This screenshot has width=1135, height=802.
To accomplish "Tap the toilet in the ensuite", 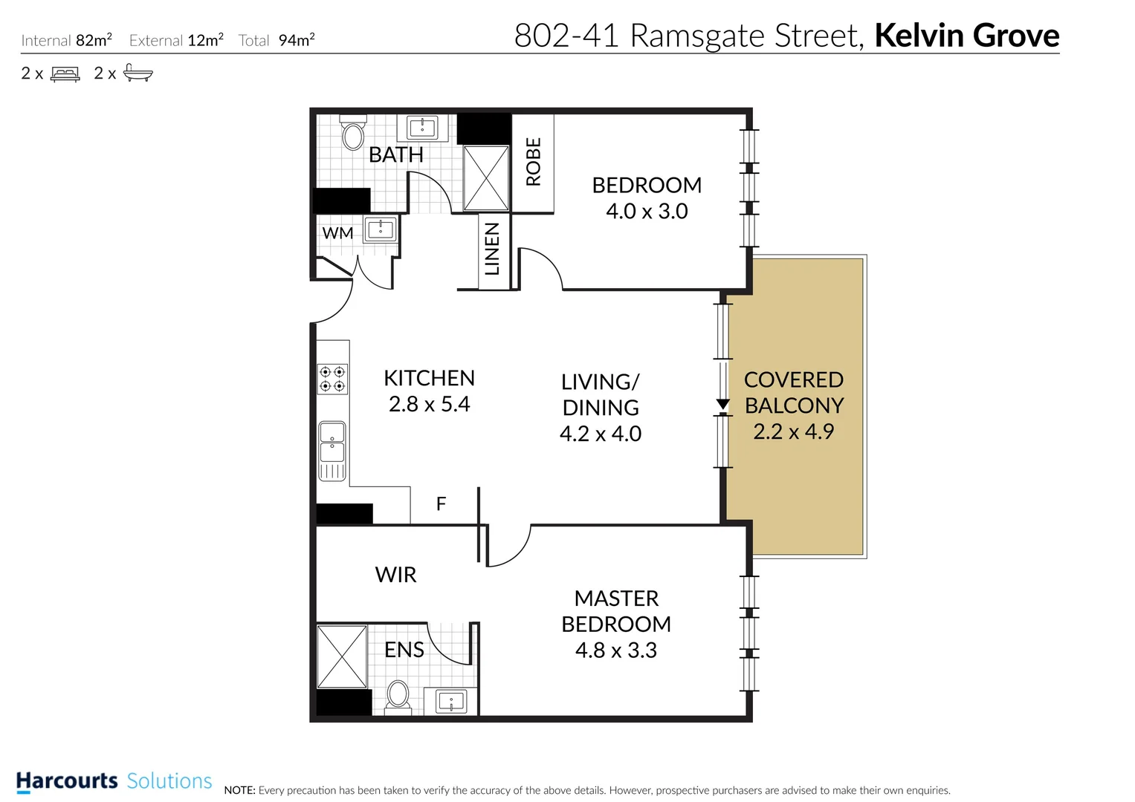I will [398, 696].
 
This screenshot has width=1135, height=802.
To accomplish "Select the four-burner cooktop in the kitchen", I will [332, 379].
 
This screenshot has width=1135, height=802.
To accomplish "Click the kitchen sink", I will [332, 451].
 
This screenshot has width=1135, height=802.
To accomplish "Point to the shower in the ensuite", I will [342, 656].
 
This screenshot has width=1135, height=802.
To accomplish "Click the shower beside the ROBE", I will [486, 178].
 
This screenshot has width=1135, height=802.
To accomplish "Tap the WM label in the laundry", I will [337, 233].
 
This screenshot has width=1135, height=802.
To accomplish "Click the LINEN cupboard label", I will [492, 250].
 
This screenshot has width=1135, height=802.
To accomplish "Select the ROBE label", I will [534, 161].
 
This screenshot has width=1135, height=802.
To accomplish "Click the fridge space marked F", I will [441, 504].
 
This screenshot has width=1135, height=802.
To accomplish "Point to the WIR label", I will [395, 575].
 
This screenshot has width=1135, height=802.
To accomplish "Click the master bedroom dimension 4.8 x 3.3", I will [616, 651].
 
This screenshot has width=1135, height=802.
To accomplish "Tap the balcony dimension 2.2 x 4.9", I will [794, 431].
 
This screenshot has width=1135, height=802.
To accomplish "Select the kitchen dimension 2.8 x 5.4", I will [430, 404].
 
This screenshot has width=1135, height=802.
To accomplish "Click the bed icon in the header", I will [65, 74].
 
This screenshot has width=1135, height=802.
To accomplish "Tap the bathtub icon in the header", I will [138, 73].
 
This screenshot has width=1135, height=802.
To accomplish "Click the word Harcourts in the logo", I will [67, 781].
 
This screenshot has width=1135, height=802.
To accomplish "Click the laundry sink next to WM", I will [381, 229].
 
